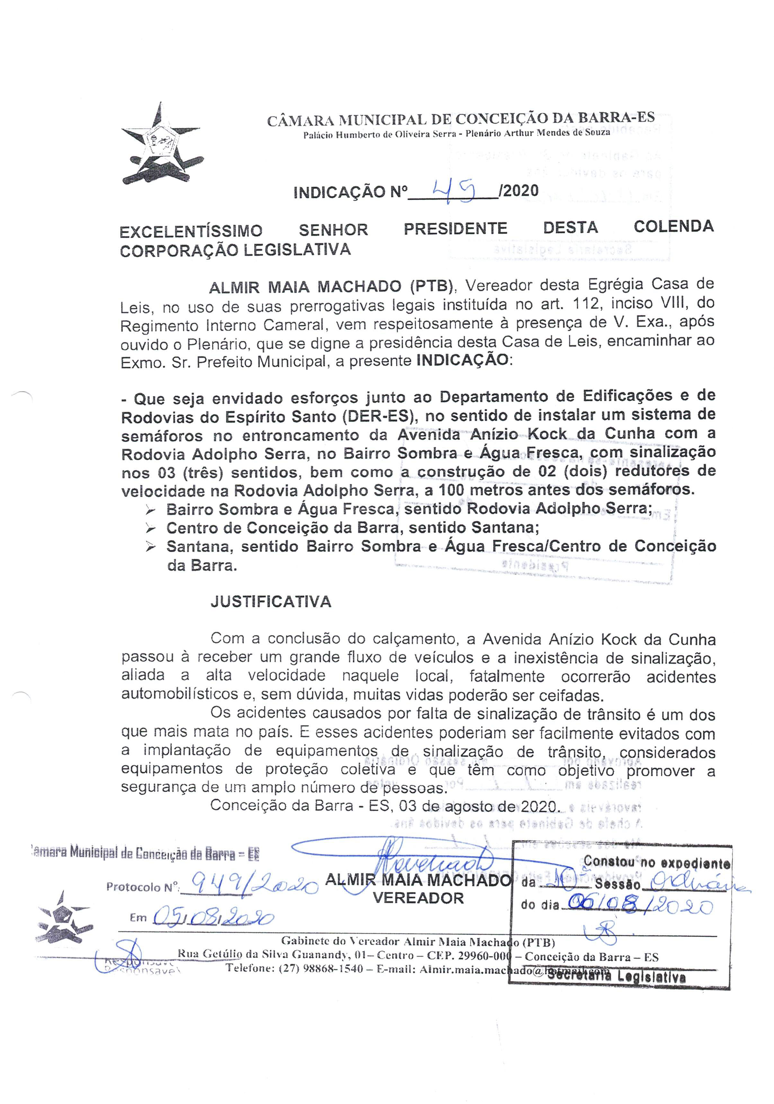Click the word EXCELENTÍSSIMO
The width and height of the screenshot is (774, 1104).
click(x=191, y=231)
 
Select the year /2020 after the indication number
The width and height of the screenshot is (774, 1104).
click(x=519, y=191)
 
